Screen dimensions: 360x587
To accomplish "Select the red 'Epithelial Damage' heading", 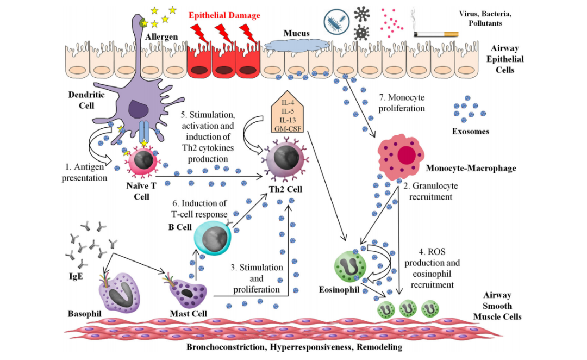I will [x=224, y=15].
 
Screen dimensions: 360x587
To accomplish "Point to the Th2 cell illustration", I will [x=285, y=160].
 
